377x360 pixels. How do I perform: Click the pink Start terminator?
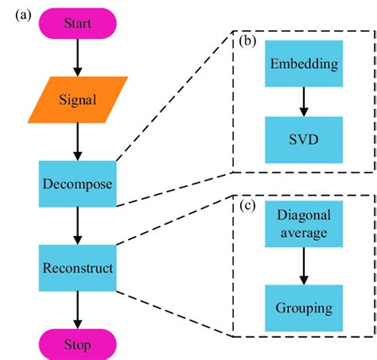(77, 22)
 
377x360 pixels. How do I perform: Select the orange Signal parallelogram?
(77, 100)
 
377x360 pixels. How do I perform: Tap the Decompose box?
(77, 184)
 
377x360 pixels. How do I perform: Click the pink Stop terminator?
(77, 344)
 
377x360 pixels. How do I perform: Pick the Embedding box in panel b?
(302, 64)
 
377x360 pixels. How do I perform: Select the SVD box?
(302, 140)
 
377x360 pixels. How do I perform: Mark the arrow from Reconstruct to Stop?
(77, 306)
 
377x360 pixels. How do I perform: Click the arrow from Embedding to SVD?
(302, 102)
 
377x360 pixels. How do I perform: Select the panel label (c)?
(248, 207)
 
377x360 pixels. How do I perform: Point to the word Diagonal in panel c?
(302, 215)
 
